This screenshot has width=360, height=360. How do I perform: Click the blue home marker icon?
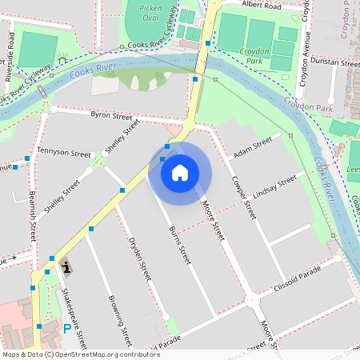pos(180,172)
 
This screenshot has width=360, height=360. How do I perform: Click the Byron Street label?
pos(111,116)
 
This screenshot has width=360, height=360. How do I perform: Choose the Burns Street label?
pos(180,245)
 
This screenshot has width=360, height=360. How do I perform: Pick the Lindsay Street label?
pos(274,186)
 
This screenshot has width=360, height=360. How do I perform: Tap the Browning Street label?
pos(118,317)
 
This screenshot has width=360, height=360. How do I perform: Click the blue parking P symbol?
pos(66,328)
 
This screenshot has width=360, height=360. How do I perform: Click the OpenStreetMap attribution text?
pos(80,354)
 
